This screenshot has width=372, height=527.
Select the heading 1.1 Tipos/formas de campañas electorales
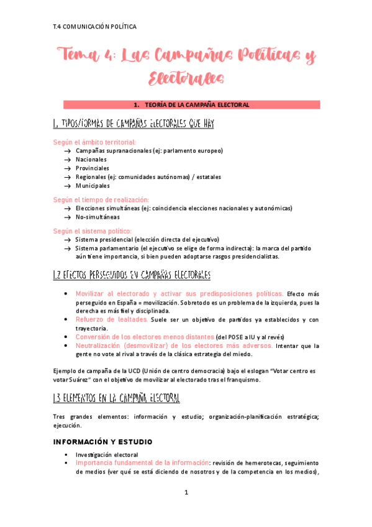134,124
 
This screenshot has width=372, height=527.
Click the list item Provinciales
92,168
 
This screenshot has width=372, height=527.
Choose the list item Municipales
93,186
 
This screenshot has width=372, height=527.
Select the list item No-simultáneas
98,218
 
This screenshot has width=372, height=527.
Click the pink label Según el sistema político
93,231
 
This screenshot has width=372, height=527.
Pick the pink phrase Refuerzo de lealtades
111,319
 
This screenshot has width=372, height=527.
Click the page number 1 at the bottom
186,493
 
